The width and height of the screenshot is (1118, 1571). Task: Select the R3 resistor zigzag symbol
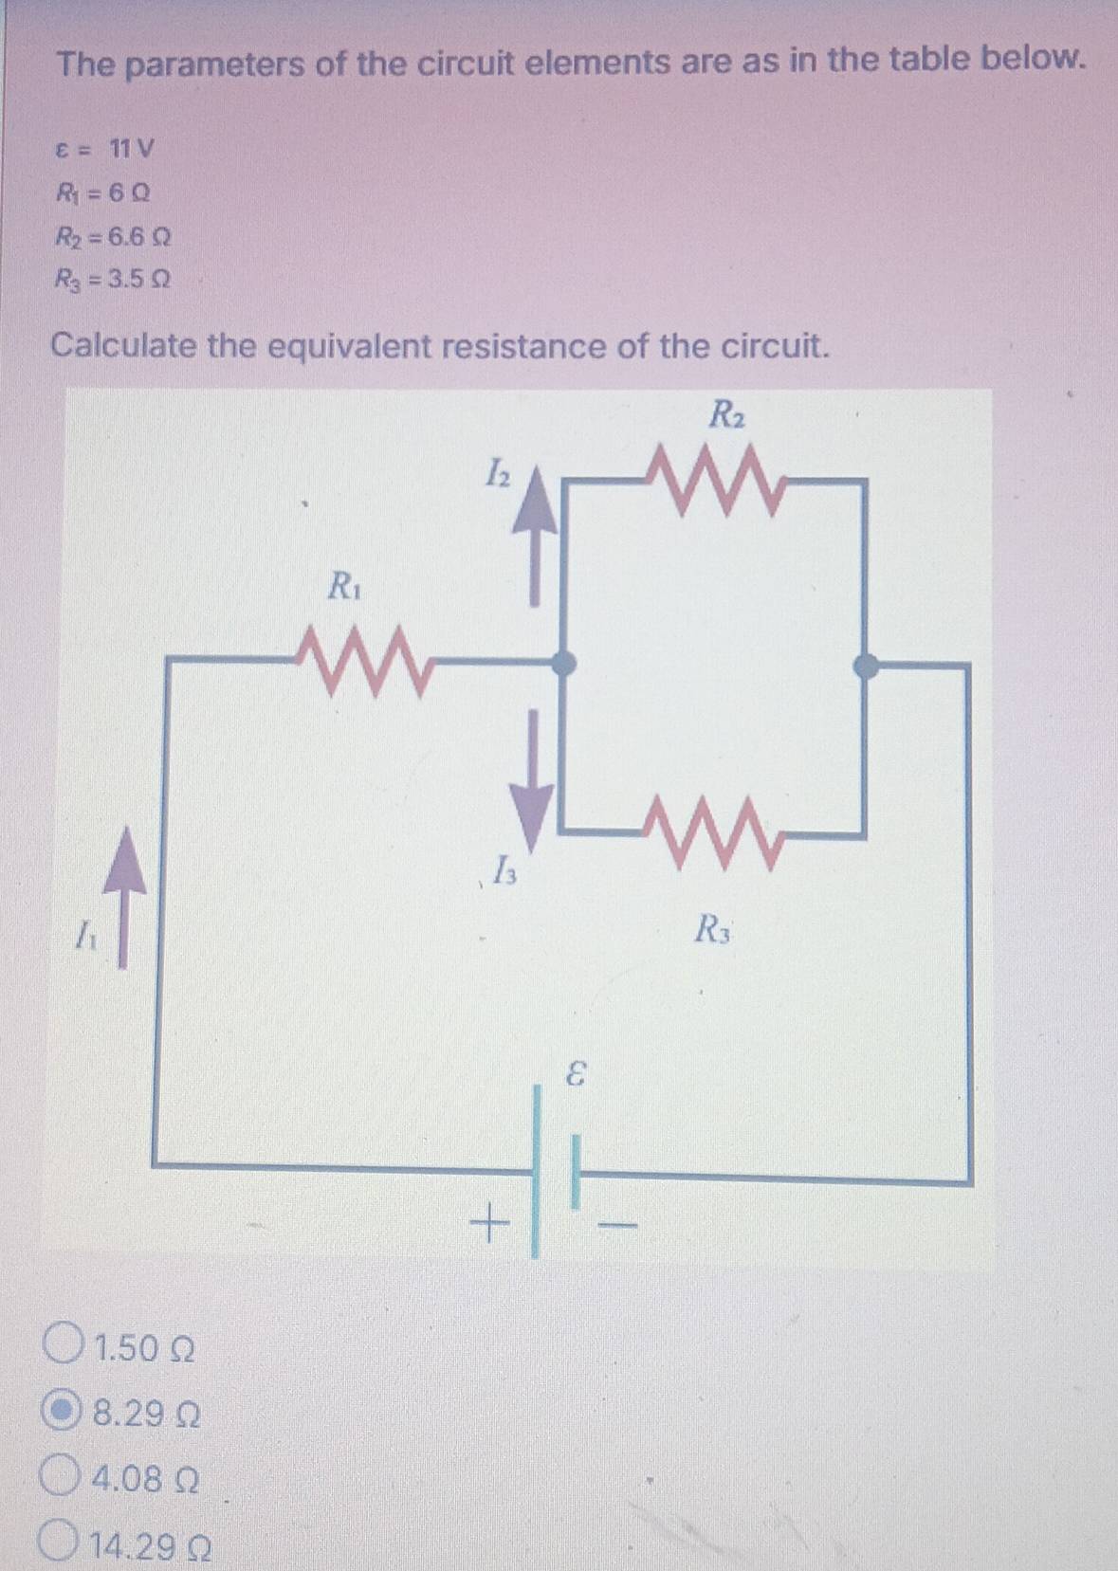pyautogui.click(x=715, y=833)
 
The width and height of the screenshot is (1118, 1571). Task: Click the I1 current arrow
pyautogui.click(x=124, y=897)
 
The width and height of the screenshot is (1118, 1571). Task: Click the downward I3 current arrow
pyautogui.click(x=533, y=781)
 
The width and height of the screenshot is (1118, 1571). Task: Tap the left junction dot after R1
pyautogui.click(x=563, y=662)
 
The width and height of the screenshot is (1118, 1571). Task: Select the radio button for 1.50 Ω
pyautogui.click(x=64, y=1349)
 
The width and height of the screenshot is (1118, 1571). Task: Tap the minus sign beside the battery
pyautogui.click(x=618, y=1226)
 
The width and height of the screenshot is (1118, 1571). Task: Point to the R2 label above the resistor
pyautogui.click(x=727, y=413)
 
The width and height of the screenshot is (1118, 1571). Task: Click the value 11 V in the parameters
pyautogui.click(x=131, y=149)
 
